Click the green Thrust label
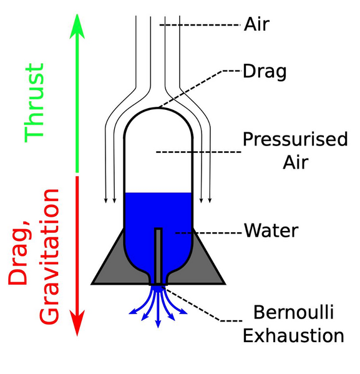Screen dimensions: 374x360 (x=34, y=102)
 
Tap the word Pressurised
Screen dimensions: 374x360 (x=294, y=139)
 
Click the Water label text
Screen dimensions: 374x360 (x=271, y=231)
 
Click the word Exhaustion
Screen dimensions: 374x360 (x=293, y=335)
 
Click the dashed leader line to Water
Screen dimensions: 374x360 (x=209, y=232)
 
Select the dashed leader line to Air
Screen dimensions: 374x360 (x=200, y=25)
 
